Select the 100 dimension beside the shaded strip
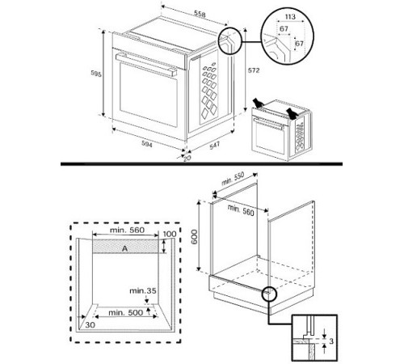click(169, 235)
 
